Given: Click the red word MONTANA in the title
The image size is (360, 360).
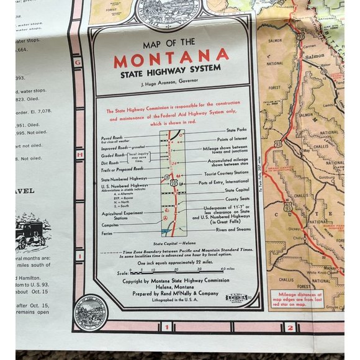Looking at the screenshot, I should [x=171, y=61].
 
